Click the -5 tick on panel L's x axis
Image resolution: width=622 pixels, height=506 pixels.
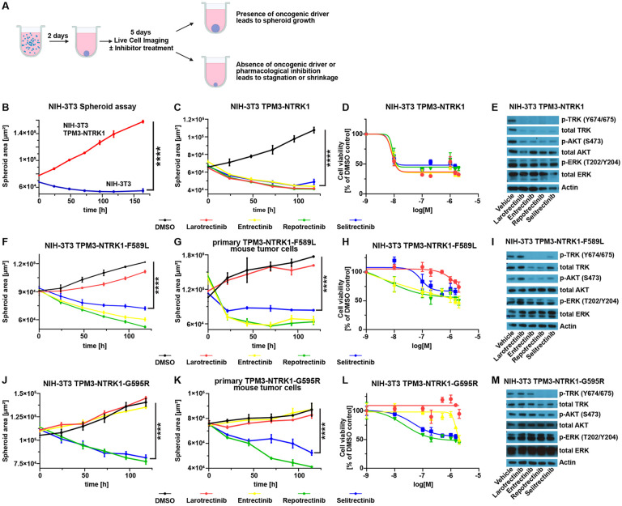point(479,479)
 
